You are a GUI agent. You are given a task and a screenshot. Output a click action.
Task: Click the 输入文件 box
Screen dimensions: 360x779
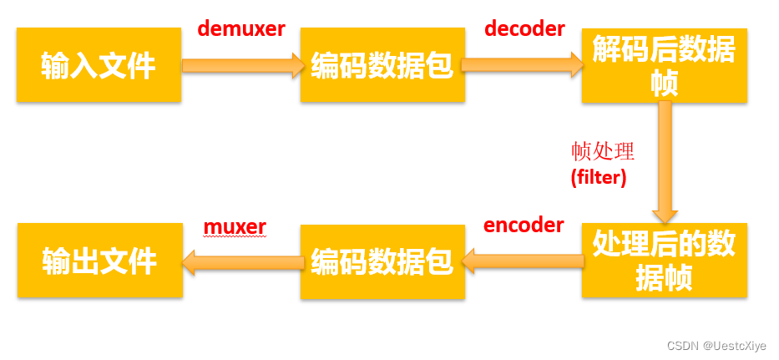click(99, 65)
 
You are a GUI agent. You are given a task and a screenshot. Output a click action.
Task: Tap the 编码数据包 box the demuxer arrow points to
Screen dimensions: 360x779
click(382, 65)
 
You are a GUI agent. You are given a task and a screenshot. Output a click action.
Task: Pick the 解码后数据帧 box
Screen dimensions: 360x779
click(664, 66)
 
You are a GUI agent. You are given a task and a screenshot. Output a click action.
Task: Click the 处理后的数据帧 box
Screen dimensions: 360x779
click(664, 260)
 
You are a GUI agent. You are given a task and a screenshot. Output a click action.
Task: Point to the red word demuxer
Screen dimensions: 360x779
click(240, 28)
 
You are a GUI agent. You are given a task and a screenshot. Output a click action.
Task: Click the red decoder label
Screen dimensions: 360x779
click(524, 28)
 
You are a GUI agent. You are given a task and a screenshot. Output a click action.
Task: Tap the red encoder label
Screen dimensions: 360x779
click(524, 225)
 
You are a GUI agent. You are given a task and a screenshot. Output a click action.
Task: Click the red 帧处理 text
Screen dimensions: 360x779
click(602, 151)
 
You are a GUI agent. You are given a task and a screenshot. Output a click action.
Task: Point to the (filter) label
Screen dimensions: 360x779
click(598, 176)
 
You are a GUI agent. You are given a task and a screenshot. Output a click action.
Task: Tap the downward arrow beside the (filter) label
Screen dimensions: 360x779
click(665, 162)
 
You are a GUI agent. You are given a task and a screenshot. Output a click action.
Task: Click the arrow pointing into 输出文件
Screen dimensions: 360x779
click(241, 262)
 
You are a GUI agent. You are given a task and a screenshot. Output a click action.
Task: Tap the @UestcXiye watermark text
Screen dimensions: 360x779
click(734, 345)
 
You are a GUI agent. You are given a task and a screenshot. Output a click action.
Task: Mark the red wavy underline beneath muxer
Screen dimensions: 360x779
click(235, 236)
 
